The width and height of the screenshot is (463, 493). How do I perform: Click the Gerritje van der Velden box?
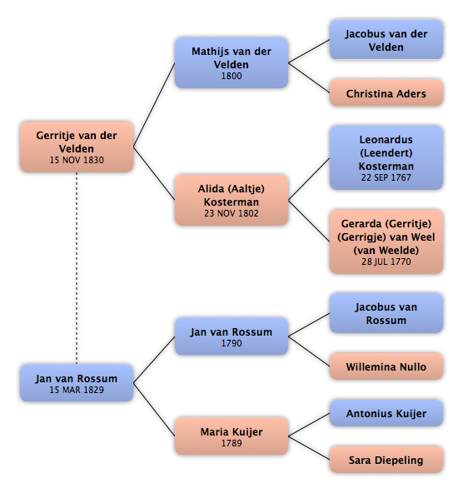point(77,147)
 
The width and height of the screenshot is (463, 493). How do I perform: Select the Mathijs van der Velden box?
point(231,63)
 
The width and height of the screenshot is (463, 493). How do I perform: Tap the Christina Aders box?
point(386,92)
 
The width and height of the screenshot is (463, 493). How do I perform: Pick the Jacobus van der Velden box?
point(386,40)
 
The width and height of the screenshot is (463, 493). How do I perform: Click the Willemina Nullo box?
point(386,366)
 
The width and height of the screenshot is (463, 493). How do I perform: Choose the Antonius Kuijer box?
point(386,413)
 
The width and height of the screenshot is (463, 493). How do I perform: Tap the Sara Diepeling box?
point(386,460)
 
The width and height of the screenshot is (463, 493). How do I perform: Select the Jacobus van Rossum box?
point(386,313)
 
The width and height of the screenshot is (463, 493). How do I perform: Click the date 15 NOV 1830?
point(77,160)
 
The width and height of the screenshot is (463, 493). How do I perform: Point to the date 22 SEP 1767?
point(386,177)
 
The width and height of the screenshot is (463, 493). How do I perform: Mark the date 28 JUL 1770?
point(386,261)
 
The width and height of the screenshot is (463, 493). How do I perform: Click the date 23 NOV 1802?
point(231,213)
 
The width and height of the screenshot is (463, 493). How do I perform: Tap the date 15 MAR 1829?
point(77,390)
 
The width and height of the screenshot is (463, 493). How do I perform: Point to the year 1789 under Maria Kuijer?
point(231,443)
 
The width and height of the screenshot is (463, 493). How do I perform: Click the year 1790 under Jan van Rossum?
point(231,343)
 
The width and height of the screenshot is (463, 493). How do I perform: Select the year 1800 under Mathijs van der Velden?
point(231,76)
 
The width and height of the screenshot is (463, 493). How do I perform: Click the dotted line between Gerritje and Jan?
point(77,268)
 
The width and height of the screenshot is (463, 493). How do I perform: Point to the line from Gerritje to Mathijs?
point(154,105)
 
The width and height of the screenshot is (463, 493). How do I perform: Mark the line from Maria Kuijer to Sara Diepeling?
point(309,448)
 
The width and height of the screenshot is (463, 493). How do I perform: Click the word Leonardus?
point(386,140)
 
